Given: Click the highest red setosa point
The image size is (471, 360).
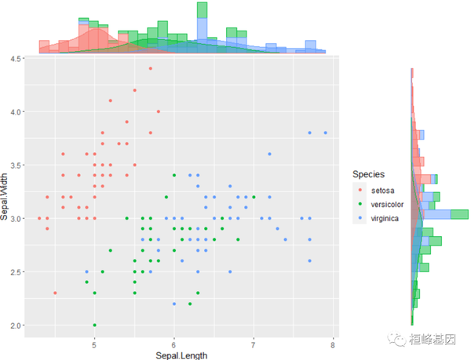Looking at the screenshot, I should pyautogui.click(x=150, y=68).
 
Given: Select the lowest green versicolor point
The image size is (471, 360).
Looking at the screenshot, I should pyautogui.click(x=94, y=325).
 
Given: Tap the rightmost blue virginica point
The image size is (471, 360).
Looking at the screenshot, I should pyautogui.click(x=325, y=133).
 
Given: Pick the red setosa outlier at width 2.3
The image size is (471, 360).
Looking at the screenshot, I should pyautogui.click(x=55, y=293).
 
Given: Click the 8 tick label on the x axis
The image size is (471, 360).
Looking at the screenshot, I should pyautogui.click(x=333, y=343).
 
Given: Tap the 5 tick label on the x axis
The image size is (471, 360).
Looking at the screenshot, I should pyautogui.click(x=94, y=343).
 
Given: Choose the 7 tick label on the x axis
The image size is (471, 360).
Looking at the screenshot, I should pyautogui.click(x=254, y=343).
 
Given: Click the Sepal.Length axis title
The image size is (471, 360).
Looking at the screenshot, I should pyautogui.click(x=181, y=355).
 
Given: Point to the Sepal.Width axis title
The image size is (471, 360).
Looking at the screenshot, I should pyautogui.click(x=6, y=193).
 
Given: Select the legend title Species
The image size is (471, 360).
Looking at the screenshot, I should pyautogui.click(x=368, y=173).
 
